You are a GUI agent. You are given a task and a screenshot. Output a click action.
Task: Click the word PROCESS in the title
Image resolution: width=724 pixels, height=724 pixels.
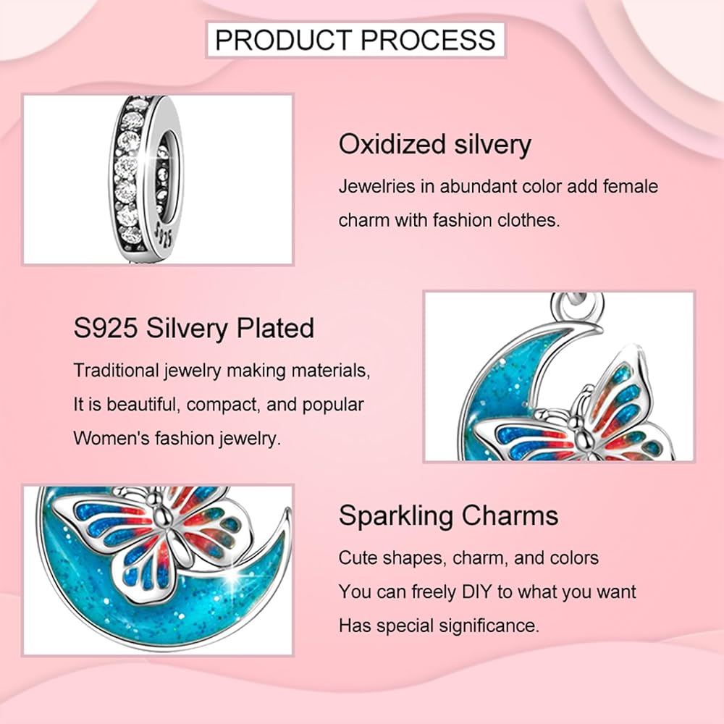tap(428, 39)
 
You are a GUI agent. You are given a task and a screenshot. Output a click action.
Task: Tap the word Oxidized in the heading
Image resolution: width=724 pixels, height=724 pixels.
tap(392, 144)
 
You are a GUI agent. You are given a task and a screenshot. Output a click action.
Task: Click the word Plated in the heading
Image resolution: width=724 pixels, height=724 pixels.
tap(275, 328)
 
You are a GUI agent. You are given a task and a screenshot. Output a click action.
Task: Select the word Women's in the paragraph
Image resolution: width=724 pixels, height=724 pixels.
tap(111, 438)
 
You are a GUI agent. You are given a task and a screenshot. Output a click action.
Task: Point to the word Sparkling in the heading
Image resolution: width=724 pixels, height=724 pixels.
tap(396, 515)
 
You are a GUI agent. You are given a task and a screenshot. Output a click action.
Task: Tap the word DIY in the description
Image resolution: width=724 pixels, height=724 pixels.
tap(477, 592)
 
